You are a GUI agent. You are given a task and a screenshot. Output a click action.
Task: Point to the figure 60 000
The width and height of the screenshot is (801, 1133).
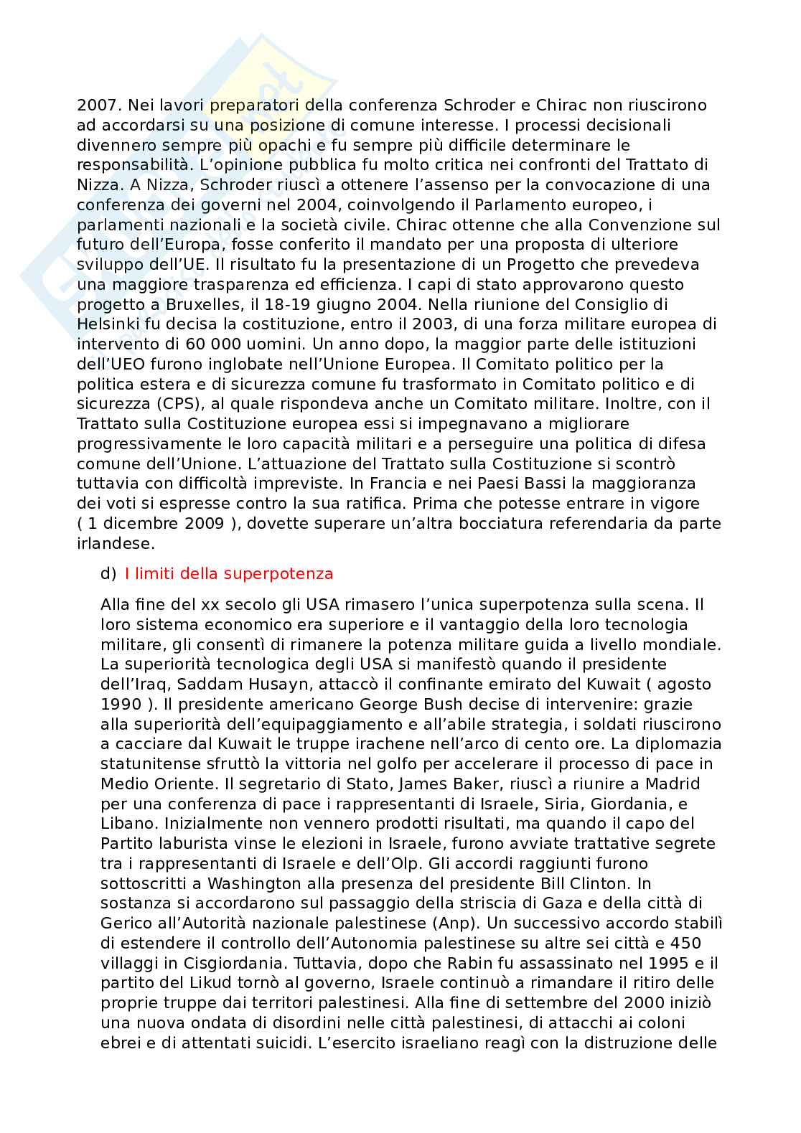point(189,344)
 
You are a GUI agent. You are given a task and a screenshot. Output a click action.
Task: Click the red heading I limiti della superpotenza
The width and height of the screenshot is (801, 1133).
point(229,573)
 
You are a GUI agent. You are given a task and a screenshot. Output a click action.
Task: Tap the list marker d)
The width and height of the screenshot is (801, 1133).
point(108,573)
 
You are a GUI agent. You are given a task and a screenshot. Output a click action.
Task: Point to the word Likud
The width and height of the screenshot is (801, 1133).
point(201,982)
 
